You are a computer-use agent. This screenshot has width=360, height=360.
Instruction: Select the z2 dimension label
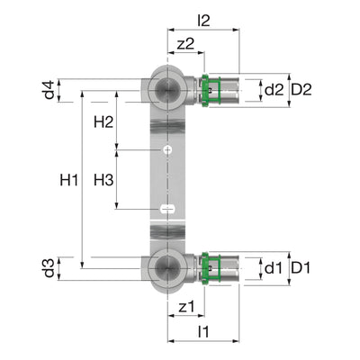tap(186, 43)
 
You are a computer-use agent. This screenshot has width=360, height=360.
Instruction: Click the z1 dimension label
tap(186, 308)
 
